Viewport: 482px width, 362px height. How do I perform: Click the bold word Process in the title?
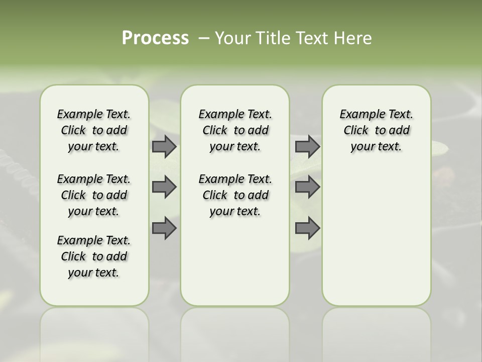[155, 38]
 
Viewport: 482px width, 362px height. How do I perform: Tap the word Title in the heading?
[271, 38]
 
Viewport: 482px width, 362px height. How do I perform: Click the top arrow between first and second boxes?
[164, 146]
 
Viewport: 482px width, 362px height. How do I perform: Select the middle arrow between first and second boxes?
[164, 187]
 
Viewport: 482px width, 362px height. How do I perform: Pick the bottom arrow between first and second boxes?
[164, 228]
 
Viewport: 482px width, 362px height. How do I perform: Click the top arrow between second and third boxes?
[307, 146]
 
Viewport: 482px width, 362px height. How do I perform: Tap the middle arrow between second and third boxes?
[307, 187]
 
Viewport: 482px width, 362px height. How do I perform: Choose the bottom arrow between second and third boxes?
[307, 228]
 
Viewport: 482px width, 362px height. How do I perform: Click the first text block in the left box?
[94, 130]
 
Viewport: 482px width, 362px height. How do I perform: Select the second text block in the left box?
[94, 195]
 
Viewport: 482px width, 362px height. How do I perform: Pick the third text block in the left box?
[94, 256]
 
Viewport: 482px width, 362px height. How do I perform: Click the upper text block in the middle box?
[235, 130]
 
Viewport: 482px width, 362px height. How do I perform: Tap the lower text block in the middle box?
[235, 195]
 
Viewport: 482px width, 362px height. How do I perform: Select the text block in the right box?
[376, 130]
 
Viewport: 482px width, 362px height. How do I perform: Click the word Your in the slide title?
[231, 38]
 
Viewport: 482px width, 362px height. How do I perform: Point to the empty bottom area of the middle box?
[235, 266]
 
